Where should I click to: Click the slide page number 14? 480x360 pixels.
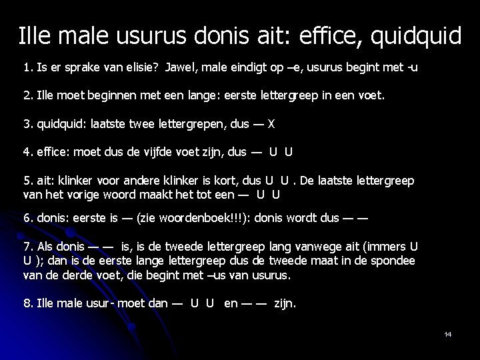click(447, 334)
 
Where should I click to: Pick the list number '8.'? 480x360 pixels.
click(28, 303)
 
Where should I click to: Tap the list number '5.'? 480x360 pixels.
click(28, 181)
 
